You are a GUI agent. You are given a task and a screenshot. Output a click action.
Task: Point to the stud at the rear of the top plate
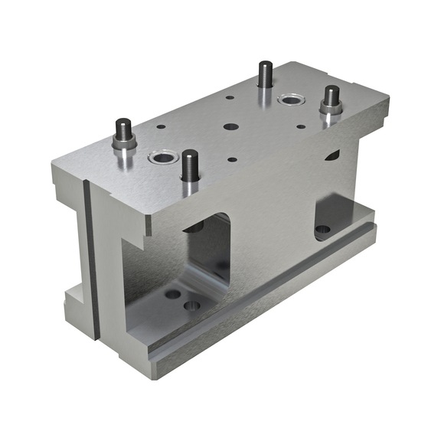click(266, 74)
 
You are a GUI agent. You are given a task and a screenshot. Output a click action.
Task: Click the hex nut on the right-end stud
click(331, 106)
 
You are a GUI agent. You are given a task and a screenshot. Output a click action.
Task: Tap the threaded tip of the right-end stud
click(331, 93)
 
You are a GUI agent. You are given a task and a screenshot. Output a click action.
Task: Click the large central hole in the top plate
click(230, 127)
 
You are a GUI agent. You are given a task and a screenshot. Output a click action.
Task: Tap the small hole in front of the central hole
click(232, 159)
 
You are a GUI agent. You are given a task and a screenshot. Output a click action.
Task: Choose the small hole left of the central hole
click(161, 126)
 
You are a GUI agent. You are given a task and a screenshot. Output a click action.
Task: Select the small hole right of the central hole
click(300, 126)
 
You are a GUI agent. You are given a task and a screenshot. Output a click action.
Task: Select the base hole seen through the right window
click(323, 229)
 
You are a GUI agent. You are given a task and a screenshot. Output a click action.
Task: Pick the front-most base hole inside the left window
click(192, 305)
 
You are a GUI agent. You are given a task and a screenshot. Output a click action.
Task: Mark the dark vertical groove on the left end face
click(90, 253)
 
